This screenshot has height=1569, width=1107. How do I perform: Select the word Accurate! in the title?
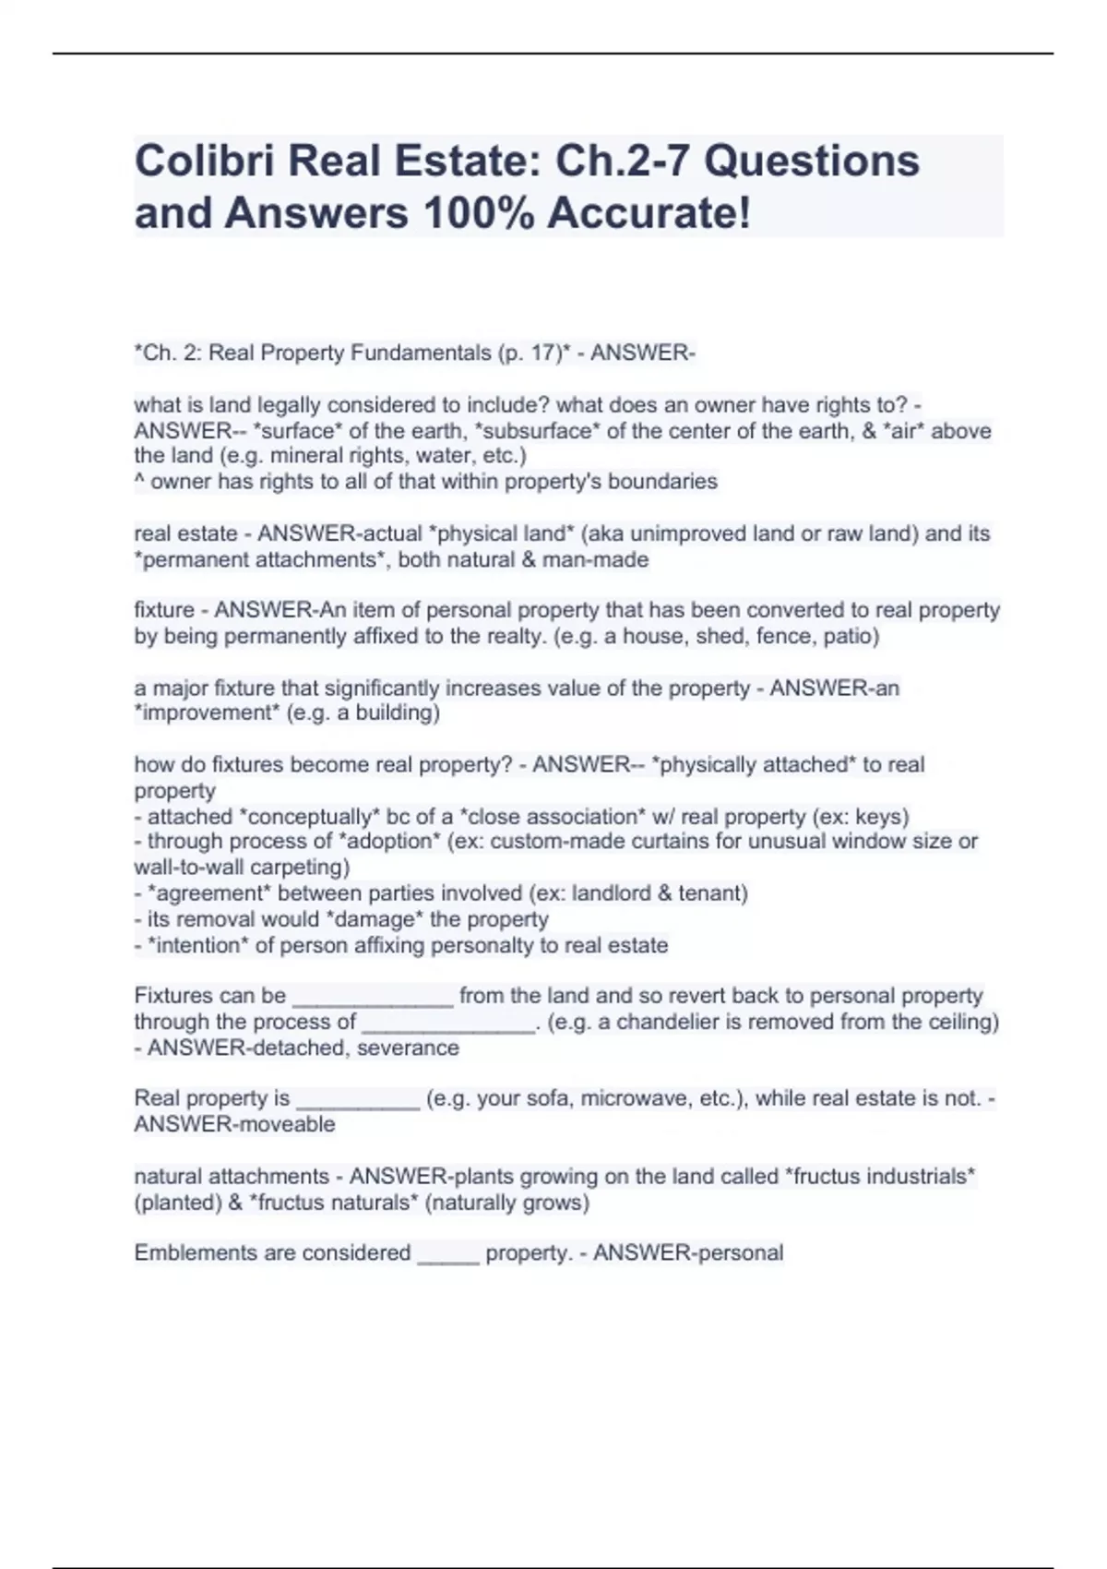pyautogui.click(x=649, y=214)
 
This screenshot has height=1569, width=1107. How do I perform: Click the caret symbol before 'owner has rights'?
pyautogui.click(x=138, y=482)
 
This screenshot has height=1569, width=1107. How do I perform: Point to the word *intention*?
pyautogui.click(x=198, y=945)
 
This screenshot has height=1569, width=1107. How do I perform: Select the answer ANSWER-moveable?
pyautogui.click(x=234, y=1124)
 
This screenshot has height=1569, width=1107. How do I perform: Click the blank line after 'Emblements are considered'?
pyautogui.click(x=448, y=1254)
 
